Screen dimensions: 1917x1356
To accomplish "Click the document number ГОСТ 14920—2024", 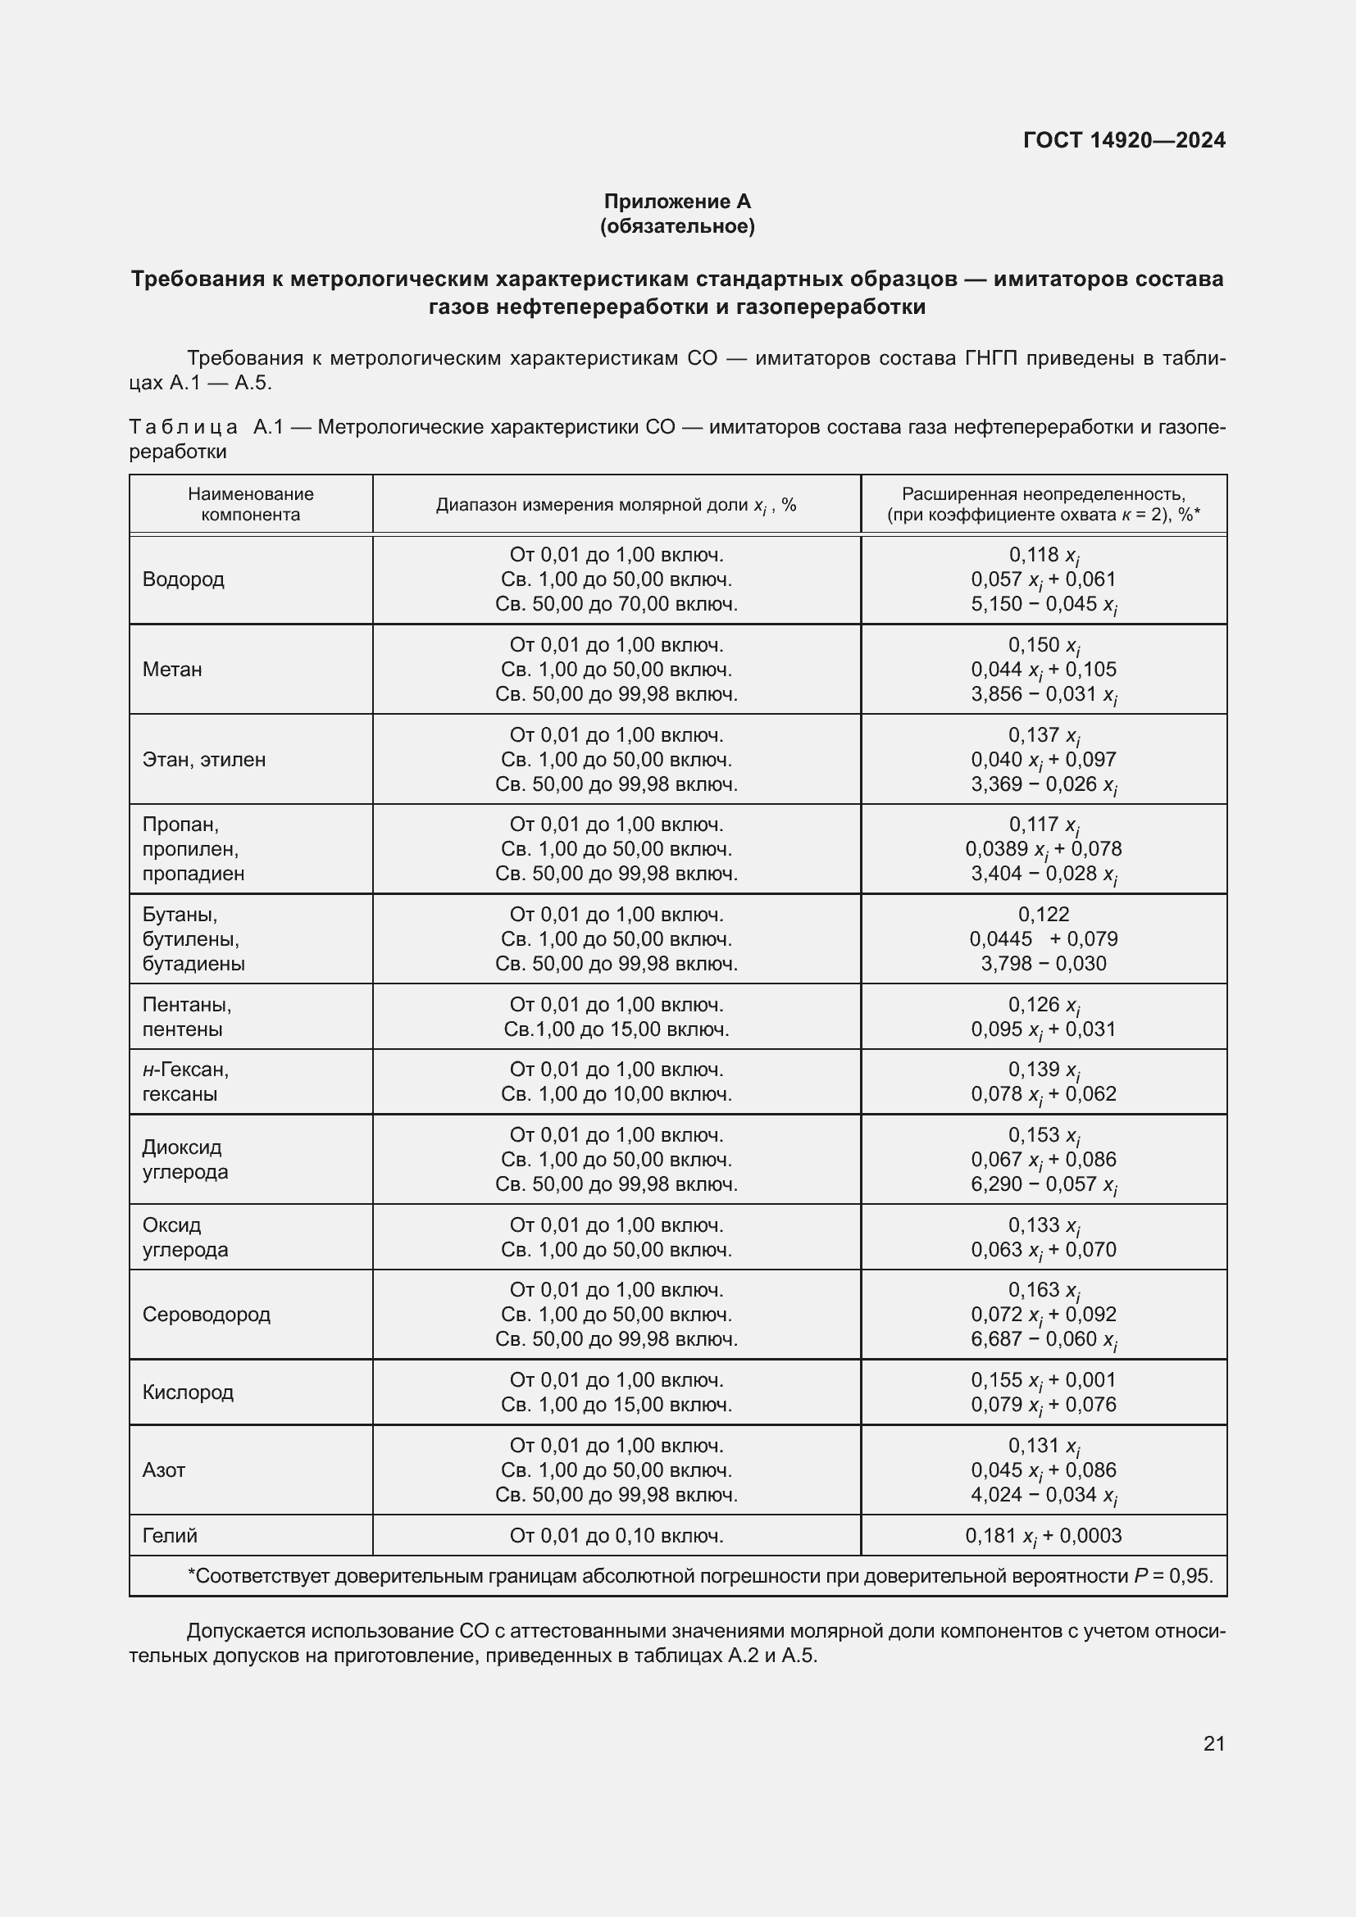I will [1124, 140].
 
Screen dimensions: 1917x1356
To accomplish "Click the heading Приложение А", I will [677, 202].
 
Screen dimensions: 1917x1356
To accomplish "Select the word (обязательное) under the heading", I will [677, 226].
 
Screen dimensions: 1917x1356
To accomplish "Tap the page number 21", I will [1214, 1743].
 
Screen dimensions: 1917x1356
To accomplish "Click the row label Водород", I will [183, 579].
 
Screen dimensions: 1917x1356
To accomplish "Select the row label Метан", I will [172, 670].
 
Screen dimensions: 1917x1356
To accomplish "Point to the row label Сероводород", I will [207, 1314].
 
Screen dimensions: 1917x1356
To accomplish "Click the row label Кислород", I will [188, 1392].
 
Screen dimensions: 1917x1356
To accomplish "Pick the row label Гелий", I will [170, 1535].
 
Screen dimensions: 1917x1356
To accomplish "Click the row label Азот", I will [164, 1470].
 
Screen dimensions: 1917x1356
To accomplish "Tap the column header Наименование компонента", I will [251, 504].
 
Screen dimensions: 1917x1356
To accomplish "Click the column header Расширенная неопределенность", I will [1043, 494].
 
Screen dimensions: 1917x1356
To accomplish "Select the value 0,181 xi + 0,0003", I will [1043, 1536].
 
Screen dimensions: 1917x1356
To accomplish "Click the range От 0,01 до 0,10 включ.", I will [617, 1535].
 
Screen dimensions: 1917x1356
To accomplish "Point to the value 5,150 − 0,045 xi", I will [1043, 605].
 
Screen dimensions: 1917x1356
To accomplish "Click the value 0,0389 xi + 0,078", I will [1043, 849].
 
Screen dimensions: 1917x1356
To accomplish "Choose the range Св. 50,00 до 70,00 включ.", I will [617, 604].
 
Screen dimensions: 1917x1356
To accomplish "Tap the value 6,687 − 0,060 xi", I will [1043, 1339].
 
